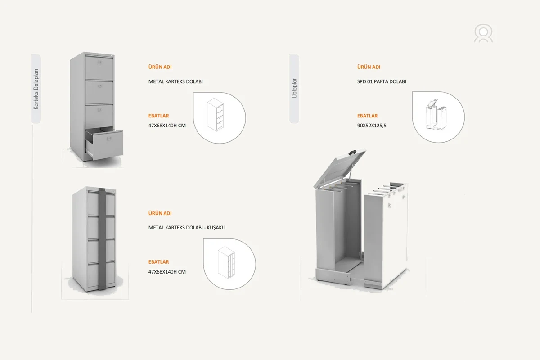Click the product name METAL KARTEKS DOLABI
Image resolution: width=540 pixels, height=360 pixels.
(175, 81)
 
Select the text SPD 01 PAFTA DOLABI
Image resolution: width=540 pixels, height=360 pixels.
(382, 81)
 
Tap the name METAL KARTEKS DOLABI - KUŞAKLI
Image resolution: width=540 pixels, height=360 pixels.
(187, 227)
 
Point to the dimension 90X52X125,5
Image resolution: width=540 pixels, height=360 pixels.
(372, 126)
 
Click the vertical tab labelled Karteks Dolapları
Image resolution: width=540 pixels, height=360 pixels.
(36, 89)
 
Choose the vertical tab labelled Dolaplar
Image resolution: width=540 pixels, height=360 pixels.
(294, 89)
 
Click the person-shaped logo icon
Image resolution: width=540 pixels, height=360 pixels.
(483, 33)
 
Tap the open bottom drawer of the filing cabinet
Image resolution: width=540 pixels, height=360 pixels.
(104, 144)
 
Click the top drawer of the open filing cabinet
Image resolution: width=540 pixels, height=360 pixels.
(99, 67)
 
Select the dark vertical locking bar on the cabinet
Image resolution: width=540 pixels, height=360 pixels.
(102, 238)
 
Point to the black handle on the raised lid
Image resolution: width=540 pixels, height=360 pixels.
(352, 153)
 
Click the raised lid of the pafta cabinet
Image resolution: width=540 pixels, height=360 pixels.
(340, 168)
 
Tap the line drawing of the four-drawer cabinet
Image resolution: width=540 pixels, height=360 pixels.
(215, 115)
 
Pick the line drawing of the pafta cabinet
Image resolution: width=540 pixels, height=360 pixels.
(436, 115)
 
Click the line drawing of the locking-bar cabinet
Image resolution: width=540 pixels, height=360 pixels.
(226, 262)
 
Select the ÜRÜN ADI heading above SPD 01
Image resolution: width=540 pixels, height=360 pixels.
(369, 67)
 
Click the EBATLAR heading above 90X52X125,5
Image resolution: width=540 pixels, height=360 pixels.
(367, 116)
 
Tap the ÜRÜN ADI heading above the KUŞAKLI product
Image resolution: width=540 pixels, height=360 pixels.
(160, 213)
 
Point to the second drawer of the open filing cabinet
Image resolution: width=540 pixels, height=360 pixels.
(99, 92)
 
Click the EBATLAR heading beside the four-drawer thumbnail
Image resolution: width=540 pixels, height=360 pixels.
(158, 116)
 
